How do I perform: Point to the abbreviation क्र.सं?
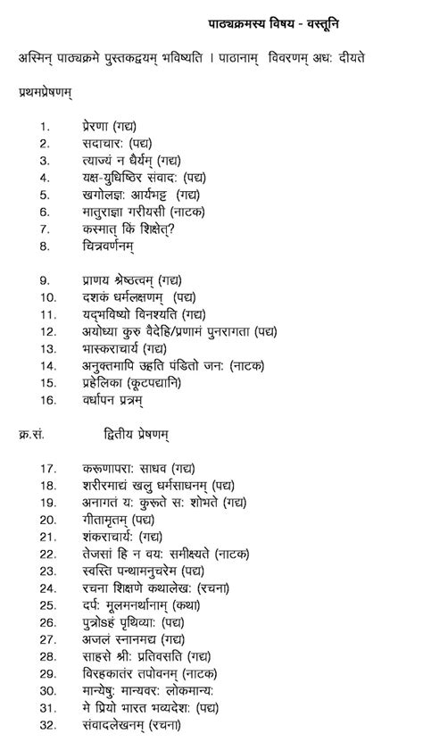click(31, 434)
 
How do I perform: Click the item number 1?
click(44, 127)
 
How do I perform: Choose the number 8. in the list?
click(44, 246)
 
